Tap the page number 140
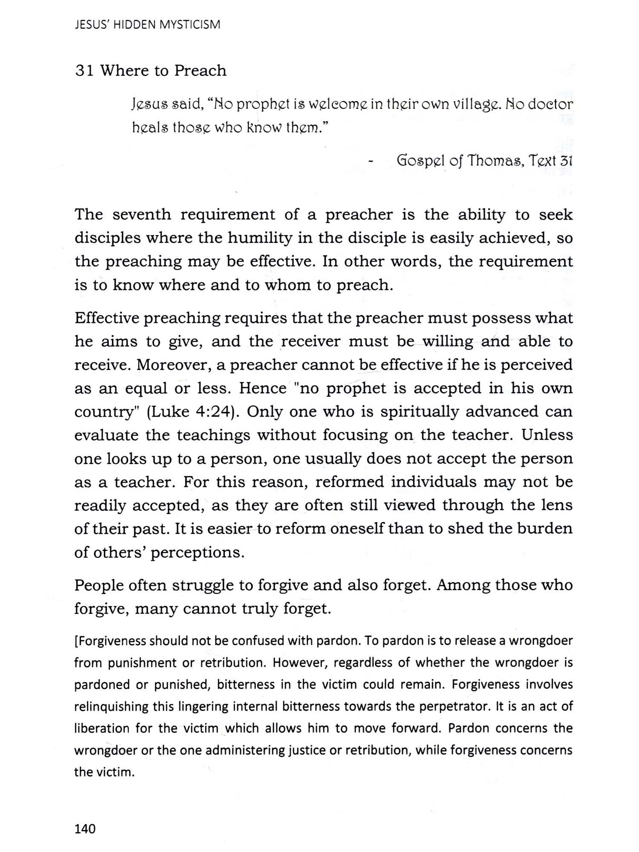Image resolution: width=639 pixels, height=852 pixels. (85, 829)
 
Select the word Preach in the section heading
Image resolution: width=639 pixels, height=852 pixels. (200, 71)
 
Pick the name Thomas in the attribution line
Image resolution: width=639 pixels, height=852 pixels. (495, 161)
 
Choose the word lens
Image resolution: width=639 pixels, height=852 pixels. (557, 505)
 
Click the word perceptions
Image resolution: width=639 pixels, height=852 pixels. (198, 553)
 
